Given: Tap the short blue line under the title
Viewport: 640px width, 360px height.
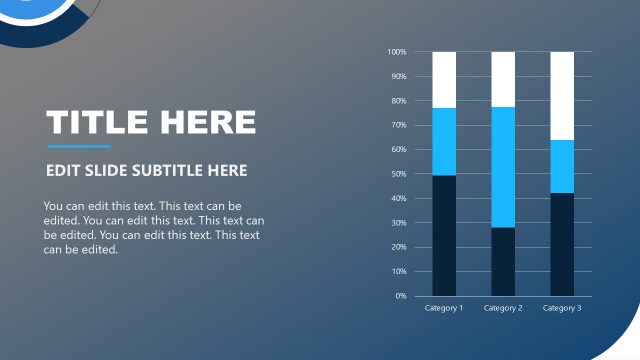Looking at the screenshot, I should coord(78,147).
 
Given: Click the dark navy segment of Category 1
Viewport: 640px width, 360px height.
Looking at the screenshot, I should coord(444,235).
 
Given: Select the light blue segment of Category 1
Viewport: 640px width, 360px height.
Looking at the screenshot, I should coord(444,141).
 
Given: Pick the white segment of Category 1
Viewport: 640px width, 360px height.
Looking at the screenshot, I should coord(444,79).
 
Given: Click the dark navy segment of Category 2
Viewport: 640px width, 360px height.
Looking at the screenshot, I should coord(503,261).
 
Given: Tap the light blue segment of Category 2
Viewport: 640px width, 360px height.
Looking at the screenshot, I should coord(503,167).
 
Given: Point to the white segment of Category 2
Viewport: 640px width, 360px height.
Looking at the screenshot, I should coord(503,79).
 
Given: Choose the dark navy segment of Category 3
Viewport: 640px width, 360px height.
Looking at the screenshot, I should coord(562,244).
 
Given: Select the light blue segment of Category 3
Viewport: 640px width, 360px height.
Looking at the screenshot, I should coord(562,166).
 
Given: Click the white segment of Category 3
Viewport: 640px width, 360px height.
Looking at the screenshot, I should coord(562,95).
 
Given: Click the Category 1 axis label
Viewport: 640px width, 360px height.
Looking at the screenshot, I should coord(444,308).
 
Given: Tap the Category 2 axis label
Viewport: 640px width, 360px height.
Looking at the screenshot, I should coord(503,308).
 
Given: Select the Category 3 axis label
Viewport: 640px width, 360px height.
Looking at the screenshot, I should coord(562,308).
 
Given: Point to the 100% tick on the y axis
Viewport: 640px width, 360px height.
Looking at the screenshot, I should coord(397,52).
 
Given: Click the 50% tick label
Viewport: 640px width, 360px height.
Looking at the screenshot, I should coord(398,174).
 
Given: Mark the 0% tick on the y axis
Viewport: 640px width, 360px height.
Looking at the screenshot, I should coord(400,296).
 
